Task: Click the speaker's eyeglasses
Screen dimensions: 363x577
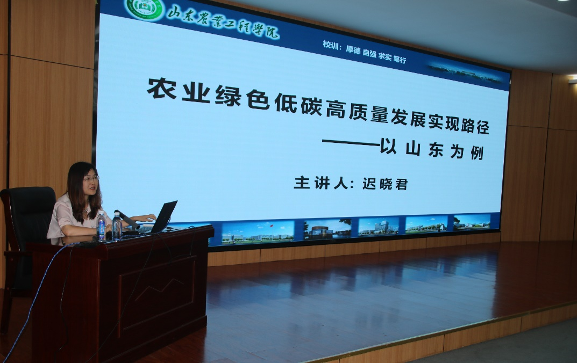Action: click(91, 178)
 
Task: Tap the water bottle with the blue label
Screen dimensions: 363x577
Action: click(101, 227)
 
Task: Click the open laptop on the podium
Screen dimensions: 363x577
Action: click(162, 217)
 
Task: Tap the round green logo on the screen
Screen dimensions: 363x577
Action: click(145, 9)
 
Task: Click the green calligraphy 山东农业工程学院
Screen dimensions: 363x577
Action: click(223, 21)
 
